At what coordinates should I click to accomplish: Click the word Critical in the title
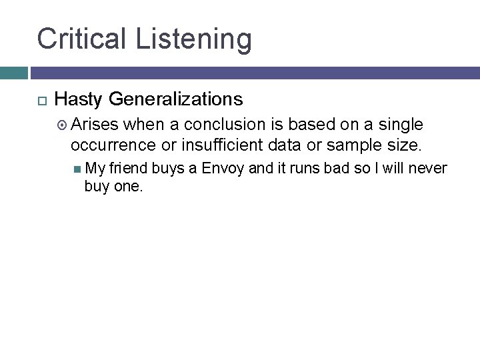(82, 39)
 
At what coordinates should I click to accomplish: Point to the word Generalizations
(176, 100)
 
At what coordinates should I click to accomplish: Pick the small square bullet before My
(77, 169)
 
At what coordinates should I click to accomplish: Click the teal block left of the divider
(13, 73)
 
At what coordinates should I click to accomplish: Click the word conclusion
(226, 125)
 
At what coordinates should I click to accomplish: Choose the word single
(401, 125)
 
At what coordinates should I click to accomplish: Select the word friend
(130, 168)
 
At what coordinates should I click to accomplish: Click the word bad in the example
(337, 168)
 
